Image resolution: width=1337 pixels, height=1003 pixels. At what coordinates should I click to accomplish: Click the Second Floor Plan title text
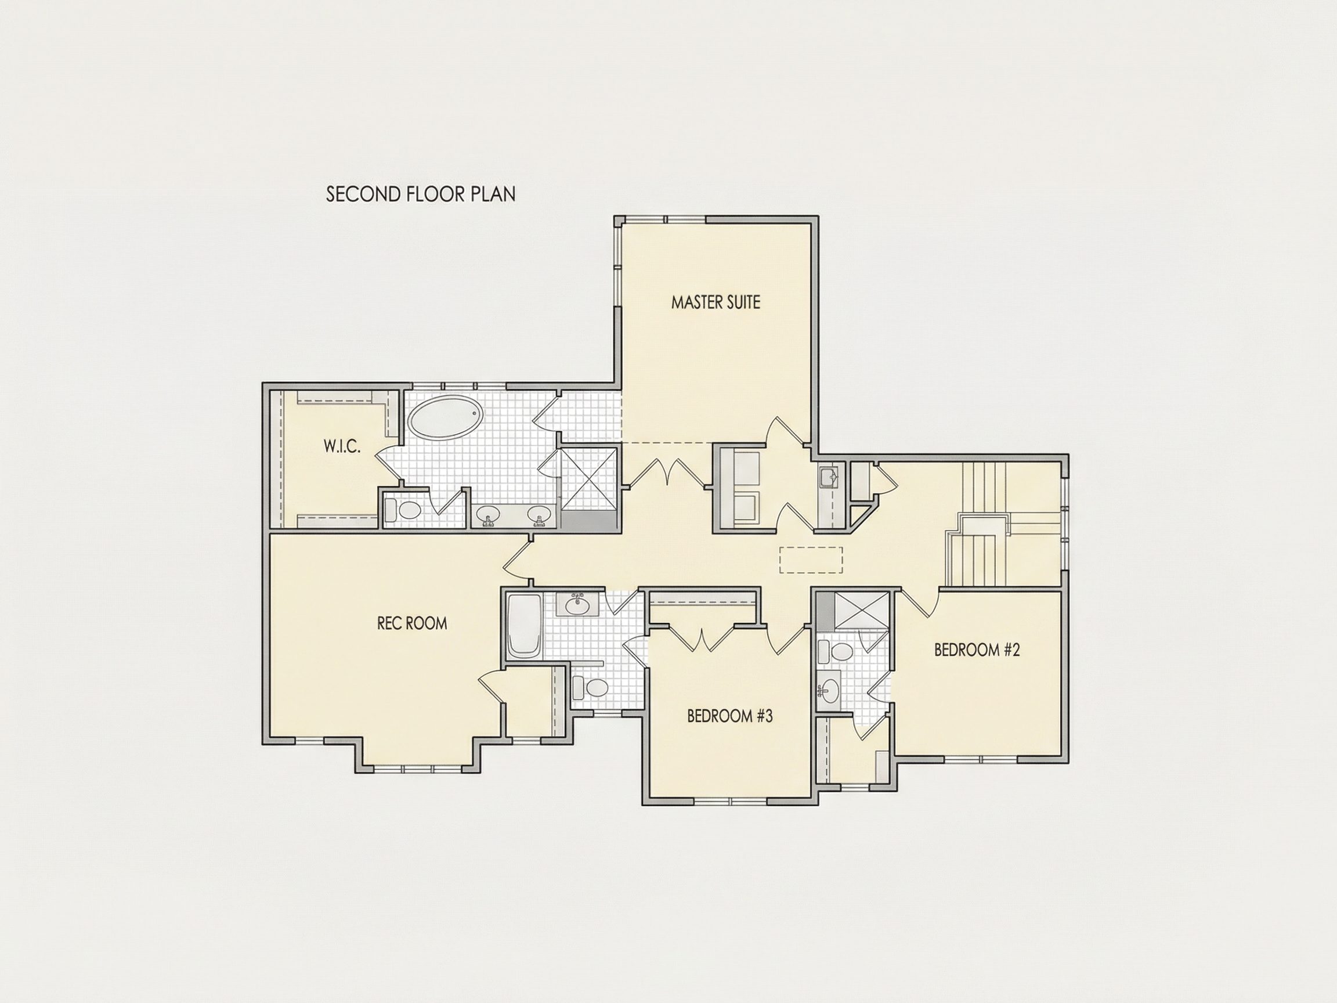pos(421,194)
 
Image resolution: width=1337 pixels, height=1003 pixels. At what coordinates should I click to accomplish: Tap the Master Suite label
pos(716,302)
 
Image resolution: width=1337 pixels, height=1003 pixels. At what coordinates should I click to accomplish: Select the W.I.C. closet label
pos(342,447)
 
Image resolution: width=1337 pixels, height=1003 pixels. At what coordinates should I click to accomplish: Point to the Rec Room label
pos(412,623)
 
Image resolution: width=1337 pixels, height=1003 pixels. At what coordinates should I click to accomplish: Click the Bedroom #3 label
pos(730,716)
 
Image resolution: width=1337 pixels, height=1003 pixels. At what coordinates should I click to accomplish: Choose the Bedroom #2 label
pos(977,650)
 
